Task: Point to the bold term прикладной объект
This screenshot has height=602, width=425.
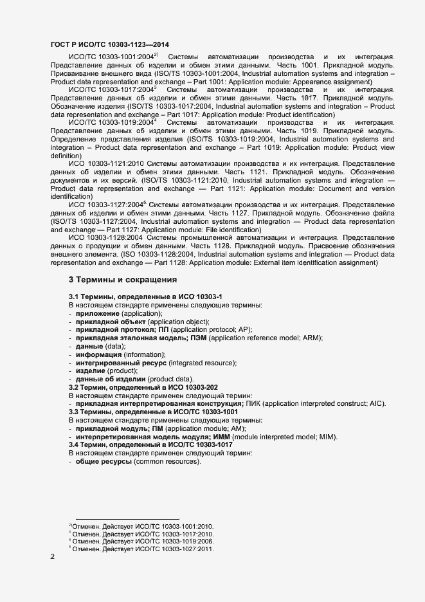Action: point(110,321)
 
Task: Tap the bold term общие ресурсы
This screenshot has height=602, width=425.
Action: point(104,462)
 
